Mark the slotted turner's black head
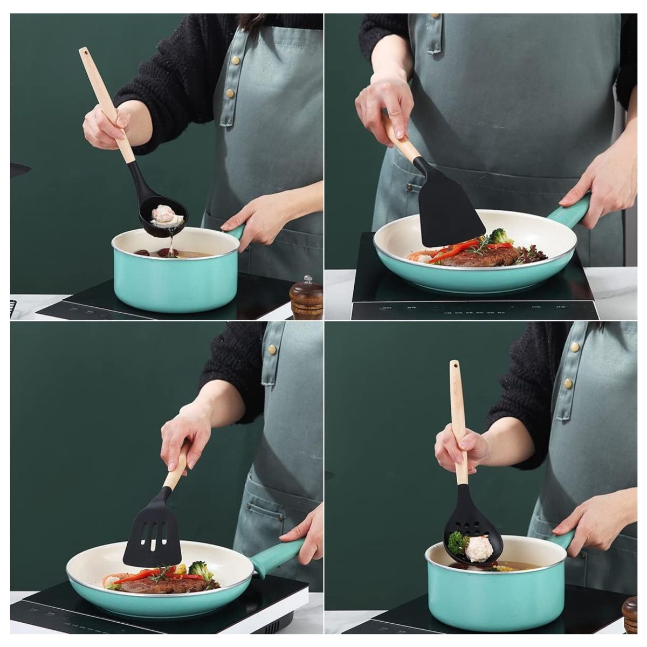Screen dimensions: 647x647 coord(152,534)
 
